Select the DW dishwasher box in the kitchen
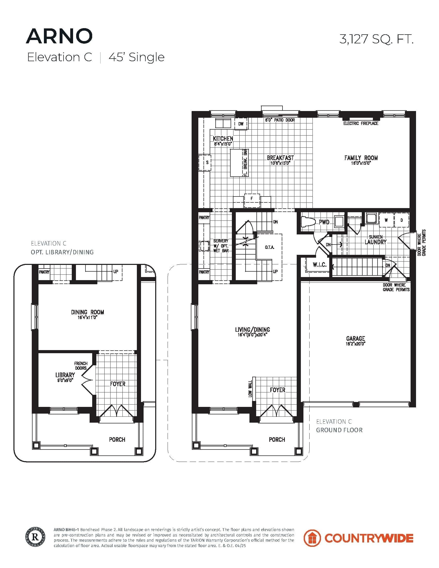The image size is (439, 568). tap(241, 124)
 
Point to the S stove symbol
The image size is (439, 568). tap(207, 163)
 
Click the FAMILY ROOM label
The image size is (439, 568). tap(361, 158)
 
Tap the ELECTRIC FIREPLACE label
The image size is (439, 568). tap(360, 123)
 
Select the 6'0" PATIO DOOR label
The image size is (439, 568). tap(280, 120)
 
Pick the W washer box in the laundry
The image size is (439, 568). tap(386, 220)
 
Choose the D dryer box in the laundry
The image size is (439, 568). tap(401, 220)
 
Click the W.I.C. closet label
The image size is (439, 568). tap(319, 265)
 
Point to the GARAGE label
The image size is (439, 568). tap(355, 339)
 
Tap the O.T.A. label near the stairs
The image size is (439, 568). tap(269, 247)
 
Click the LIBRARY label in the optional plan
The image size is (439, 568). tap(65, 375)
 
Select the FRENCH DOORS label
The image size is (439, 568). tap(81, 366)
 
